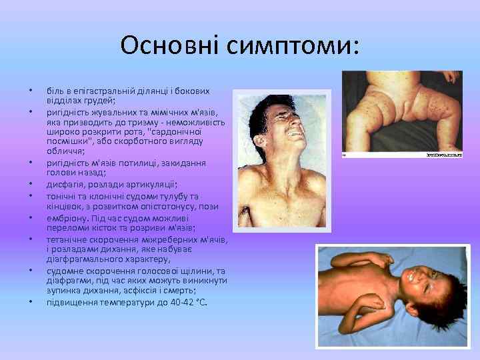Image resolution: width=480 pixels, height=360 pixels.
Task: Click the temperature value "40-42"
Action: (177, 302)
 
